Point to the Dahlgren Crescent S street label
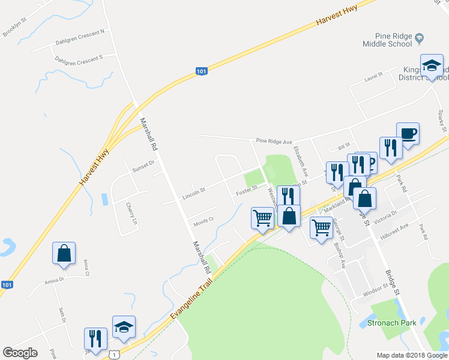(79, 58)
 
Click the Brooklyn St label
(15, 28)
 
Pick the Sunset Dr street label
(143, 163)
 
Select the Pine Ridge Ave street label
(274, 142)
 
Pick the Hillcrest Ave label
(396, 227)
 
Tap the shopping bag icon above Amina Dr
(64, 254)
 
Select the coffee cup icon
(408, 133)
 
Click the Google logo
(20, 353)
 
